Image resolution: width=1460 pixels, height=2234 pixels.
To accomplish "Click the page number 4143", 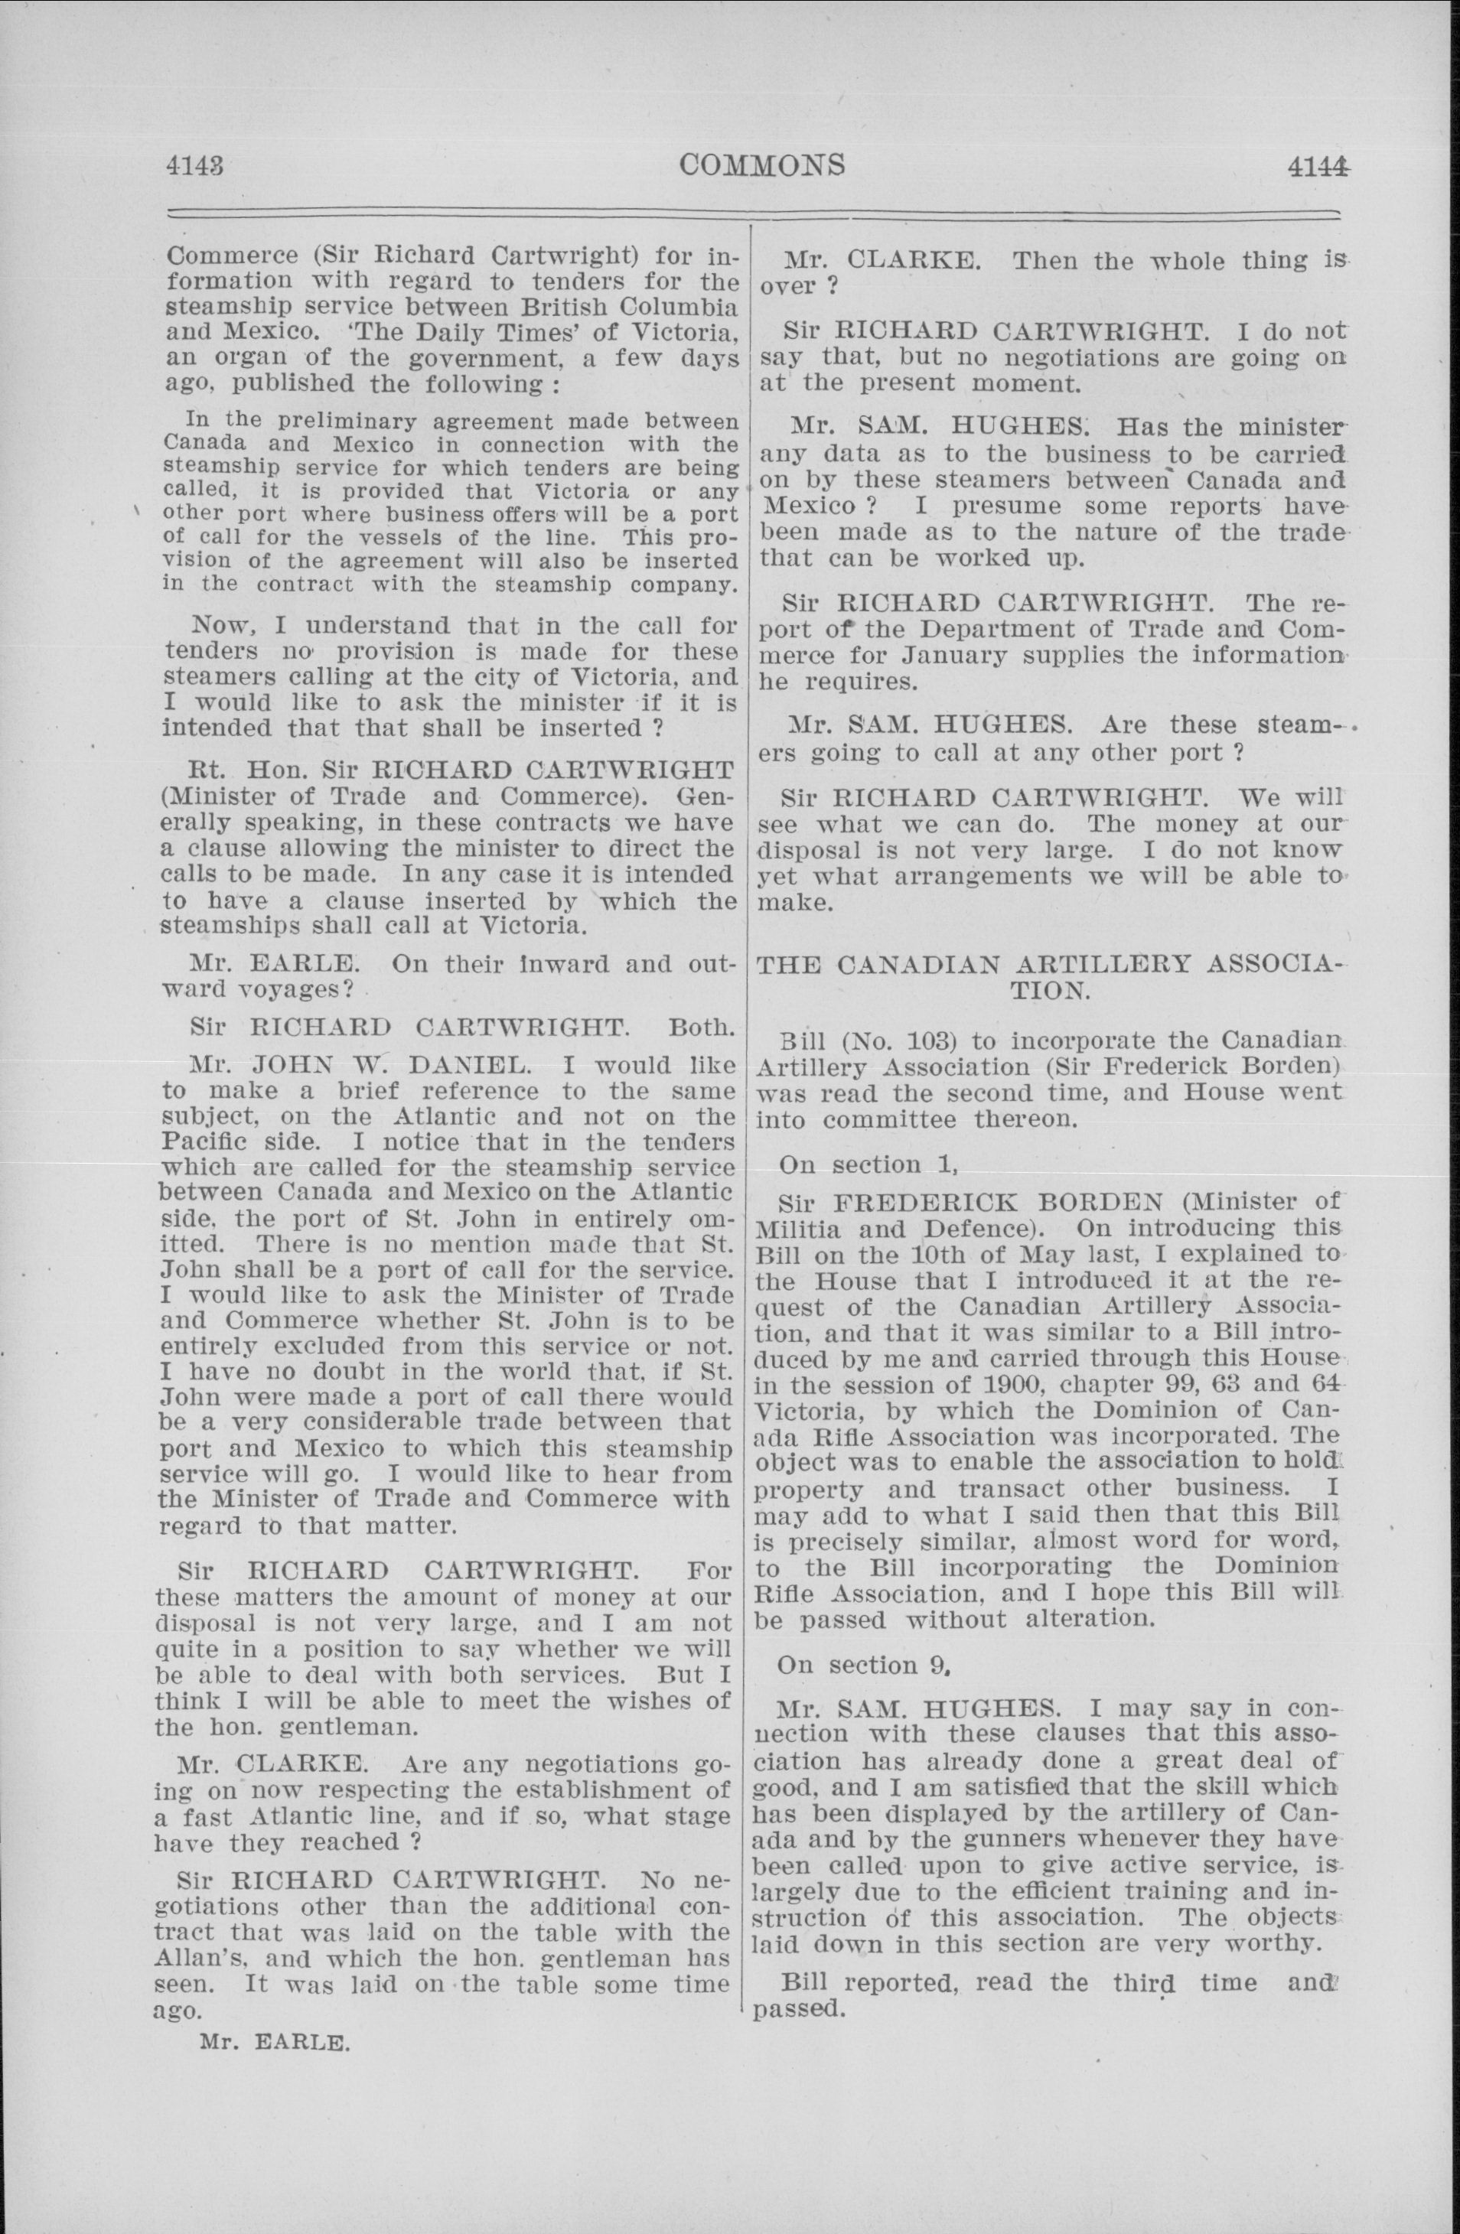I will (x=197, y=166).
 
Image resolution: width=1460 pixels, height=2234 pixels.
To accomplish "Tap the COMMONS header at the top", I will (x=761, y=164).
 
